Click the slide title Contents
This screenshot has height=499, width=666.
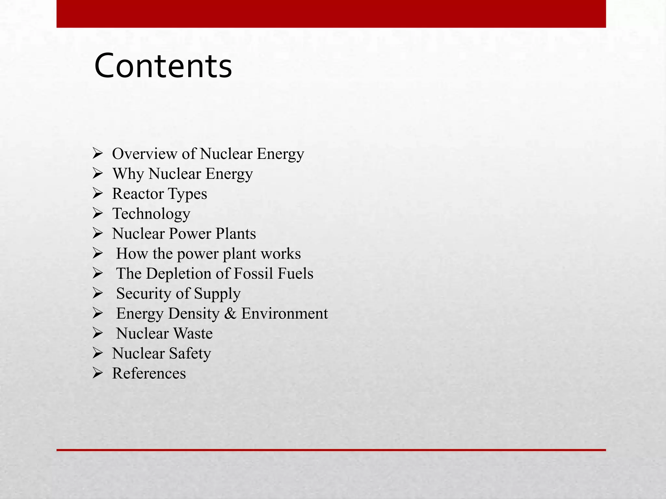click(x=163, y=66)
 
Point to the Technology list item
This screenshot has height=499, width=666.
click(x=151, y=214)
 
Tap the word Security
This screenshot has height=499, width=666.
click(x=143, y=293)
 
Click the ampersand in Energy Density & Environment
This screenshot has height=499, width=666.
click(x=230, y=313)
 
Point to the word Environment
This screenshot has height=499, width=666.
click(x=285, y=313)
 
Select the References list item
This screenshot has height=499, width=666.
click(x=149, y=373)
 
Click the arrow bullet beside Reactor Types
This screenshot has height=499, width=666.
click(x=98, y=194)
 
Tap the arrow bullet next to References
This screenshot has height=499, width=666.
click(x=98, y=373)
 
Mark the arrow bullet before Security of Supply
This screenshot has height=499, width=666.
click(x=98, y=293)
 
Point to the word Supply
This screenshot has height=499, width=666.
click(x=217, y=294)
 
